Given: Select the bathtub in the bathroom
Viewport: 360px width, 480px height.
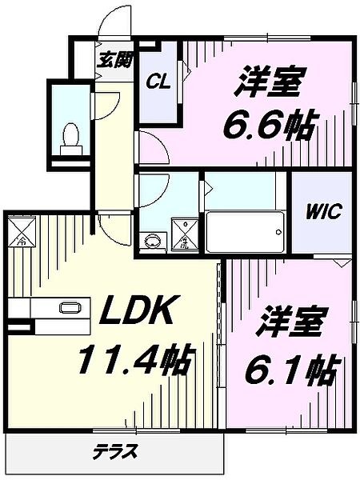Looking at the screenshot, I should tap(243, 232).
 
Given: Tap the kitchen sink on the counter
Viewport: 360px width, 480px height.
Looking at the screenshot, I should tap(69, 307).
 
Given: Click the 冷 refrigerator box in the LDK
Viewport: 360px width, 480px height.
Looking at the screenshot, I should tap(22, 231).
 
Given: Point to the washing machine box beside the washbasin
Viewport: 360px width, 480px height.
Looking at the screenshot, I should tap(186, 239).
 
